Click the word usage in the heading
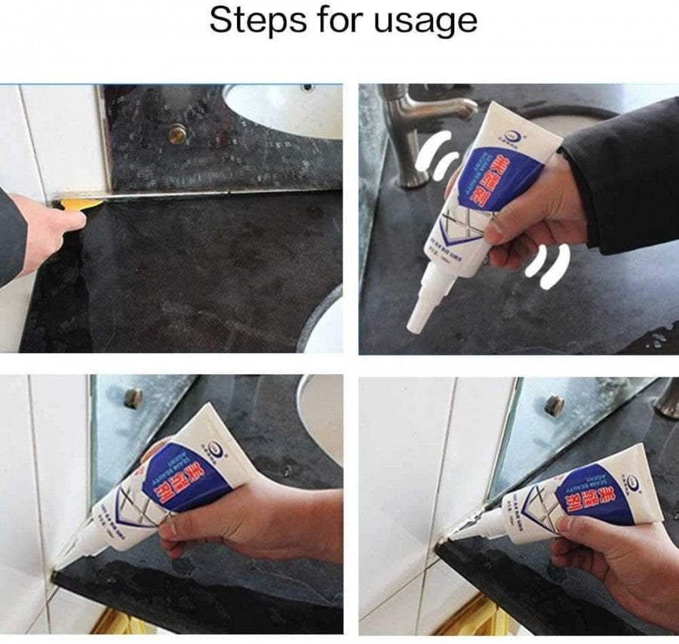[x=430, y=22]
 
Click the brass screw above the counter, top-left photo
[x=177, y=134]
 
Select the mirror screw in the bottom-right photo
[x=555, y=404]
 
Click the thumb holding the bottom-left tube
[x=181, y=525]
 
